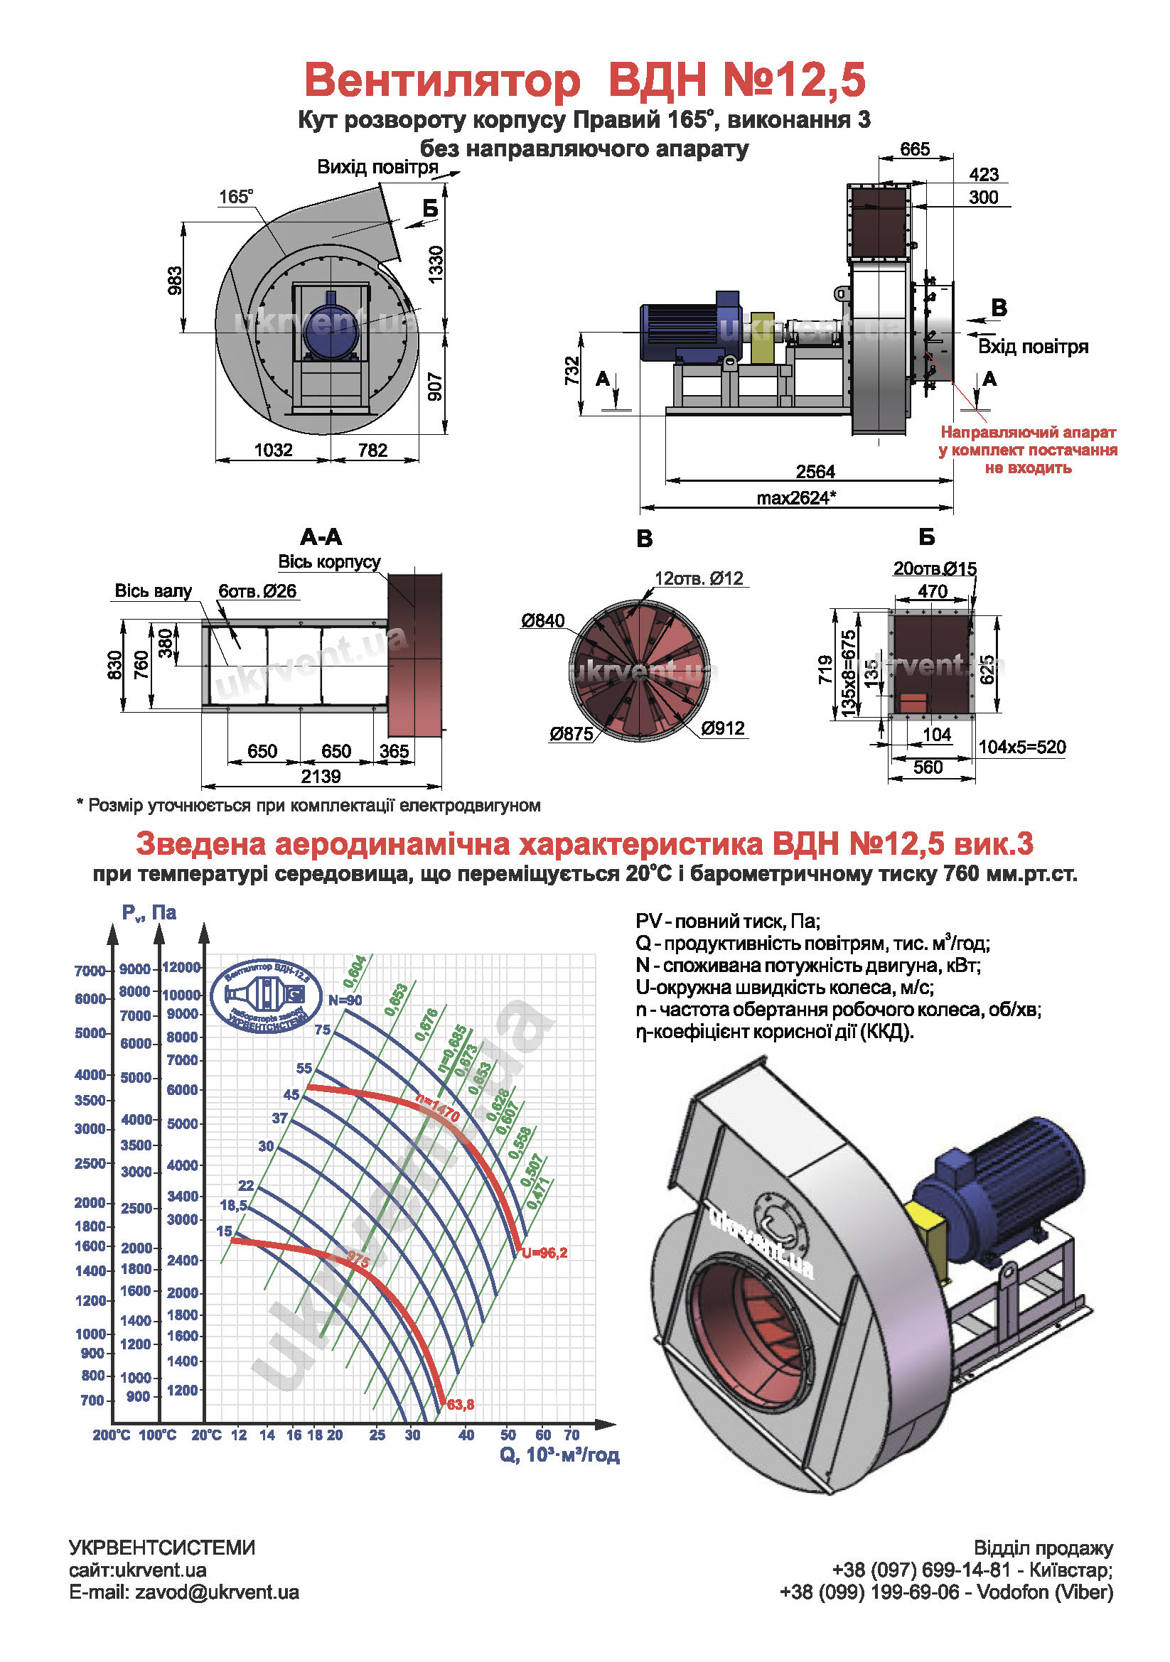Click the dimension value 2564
tap(815, 472)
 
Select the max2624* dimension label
tap(796, 498)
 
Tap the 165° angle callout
tap(236, 197)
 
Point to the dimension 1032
tap(273, 450)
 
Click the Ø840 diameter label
tap(542, 620)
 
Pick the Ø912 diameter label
tap(723, 728)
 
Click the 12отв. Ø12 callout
tap(699, 578)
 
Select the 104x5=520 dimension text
tap(1021, 747)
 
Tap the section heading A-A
tap(321, 537)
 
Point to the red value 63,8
tap(461, 1405)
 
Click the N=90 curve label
tap(345, 1000)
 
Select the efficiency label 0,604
tap(355, 971)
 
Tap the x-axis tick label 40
tap(466, 1435)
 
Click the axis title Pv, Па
tap(149, 913)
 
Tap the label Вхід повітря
tap(1032, 347)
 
